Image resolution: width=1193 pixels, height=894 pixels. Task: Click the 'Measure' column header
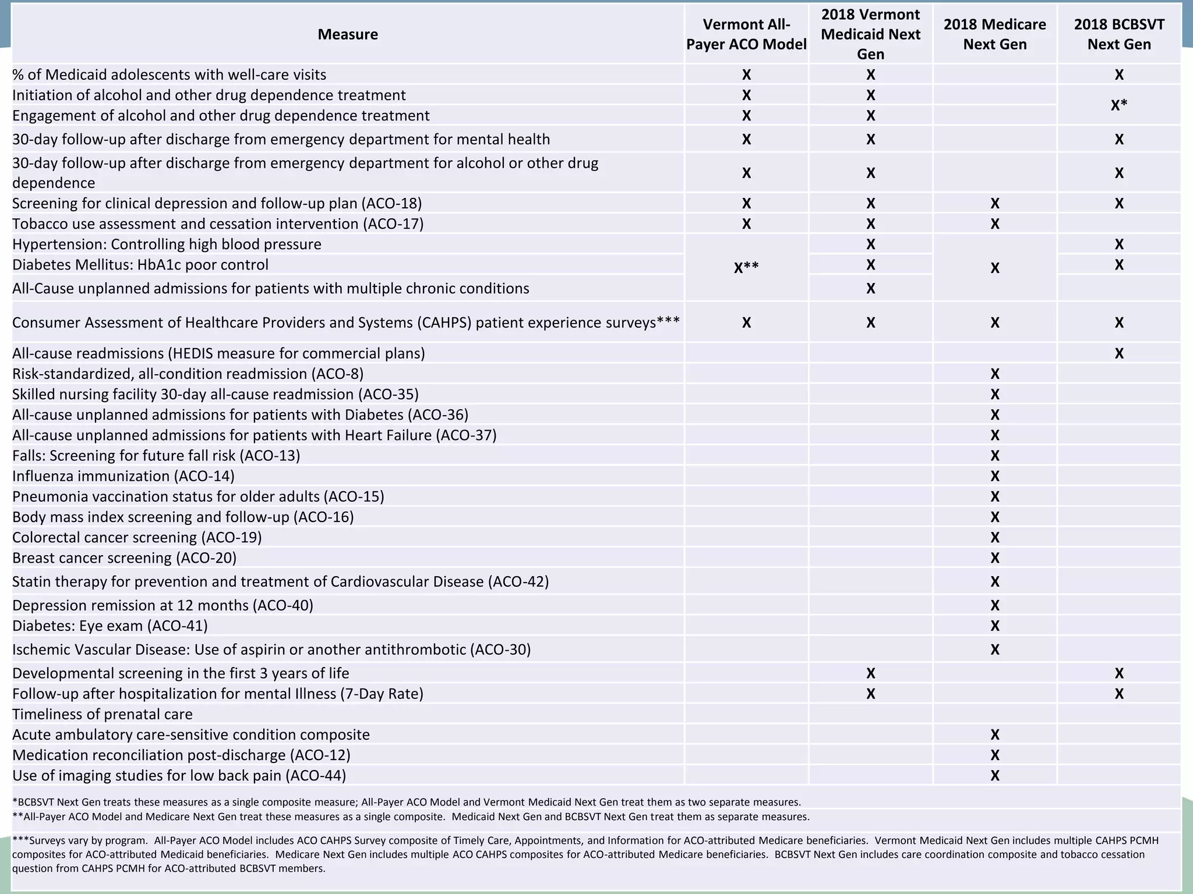point(348,34)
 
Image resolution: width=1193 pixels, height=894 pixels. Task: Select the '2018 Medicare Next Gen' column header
point(994,34)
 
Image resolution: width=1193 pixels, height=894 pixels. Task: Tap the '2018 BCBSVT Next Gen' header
point(1118,34)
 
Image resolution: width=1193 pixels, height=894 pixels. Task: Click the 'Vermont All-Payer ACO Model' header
point(746,34)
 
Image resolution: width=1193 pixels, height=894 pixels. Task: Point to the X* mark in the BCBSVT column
point(1118,105)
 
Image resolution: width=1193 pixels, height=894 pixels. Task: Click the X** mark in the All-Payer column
point(746,268)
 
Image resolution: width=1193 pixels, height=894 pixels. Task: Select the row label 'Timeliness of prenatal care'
point(103,714)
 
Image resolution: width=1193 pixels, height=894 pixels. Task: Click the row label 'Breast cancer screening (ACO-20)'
point(125,558)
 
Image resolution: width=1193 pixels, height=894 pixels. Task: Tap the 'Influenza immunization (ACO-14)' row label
point(123,476)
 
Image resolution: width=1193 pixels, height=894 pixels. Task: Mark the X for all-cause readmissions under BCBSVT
point(1118,353)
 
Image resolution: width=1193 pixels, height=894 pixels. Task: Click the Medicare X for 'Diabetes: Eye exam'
point(994,626)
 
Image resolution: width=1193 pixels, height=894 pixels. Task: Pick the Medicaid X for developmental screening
point(870,673)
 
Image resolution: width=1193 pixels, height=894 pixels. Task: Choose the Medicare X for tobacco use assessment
point(994,224)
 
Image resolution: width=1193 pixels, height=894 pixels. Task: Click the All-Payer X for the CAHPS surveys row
point(746,322)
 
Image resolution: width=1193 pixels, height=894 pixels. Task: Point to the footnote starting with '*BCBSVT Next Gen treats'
point(407,803)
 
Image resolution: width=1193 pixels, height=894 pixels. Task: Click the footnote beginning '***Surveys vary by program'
point(583,854)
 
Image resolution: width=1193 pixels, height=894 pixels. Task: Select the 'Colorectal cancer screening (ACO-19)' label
point(137,537)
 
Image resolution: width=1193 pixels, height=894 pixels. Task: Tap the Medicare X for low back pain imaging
point(994,775)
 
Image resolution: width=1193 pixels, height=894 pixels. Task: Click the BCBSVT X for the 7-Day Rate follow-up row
point(1118,694)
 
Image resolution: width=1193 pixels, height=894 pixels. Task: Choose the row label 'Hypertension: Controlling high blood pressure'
point(167,244)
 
